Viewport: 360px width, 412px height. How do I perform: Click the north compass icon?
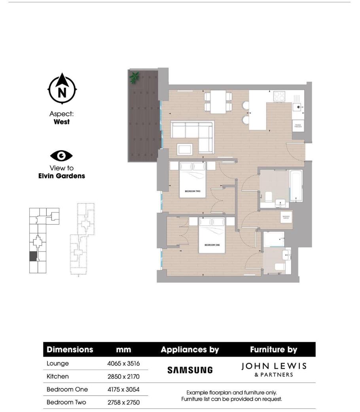point(62,89)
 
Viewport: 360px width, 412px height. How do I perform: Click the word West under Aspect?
point(62,122)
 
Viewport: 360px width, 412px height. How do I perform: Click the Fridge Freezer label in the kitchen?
point(298,126)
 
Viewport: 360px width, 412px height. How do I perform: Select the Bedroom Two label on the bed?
point(193,191)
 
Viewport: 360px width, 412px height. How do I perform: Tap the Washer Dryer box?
point(286,217)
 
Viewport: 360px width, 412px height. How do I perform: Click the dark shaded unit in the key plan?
point(33,256)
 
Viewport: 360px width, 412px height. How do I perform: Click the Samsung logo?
point(189,370)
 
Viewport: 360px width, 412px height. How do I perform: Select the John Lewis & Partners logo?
point(273,370)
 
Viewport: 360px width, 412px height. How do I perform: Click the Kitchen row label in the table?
point(58,376)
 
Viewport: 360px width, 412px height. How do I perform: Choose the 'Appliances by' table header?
point(189,350)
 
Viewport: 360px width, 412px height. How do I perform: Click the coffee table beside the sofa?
point(185,149)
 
